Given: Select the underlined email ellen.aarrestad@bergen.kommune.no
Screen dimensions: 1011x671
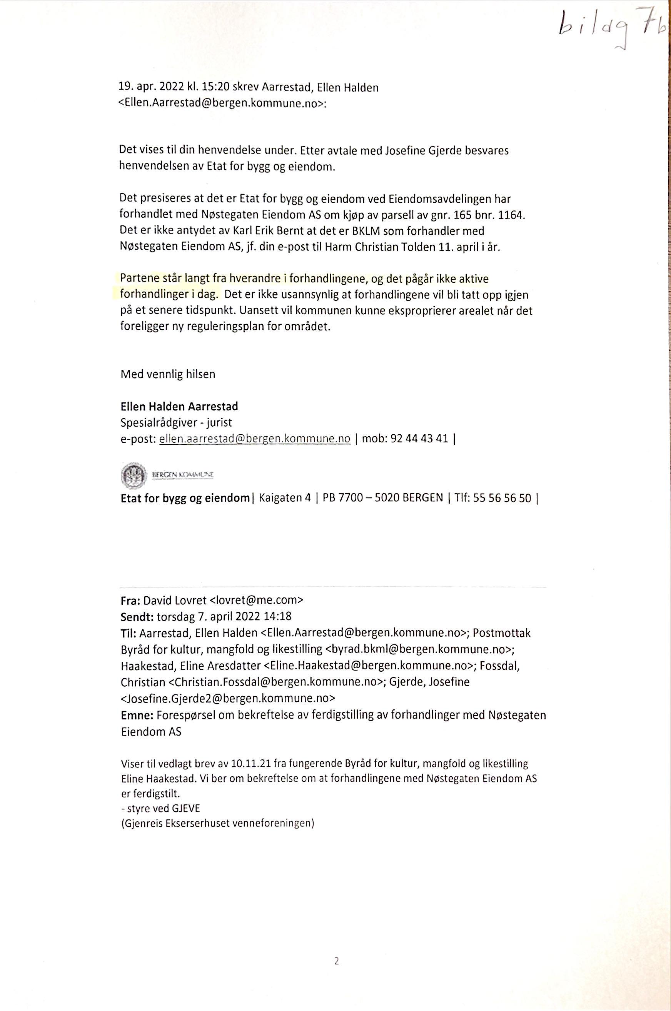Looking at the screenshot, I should click(x=255, y=439).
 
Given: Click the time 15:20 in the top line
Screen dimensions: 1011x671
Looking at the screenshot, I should click(x=217, y=87).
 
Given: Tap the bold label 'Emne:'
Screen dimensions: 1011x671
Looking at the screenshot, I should click(x=138, y=715).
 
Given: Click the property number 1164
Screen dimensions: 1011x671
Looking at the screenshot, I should click(x=511, y=215).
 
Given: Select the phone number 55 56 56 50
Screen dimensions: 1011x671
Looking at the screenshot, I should click(x=502, y=498).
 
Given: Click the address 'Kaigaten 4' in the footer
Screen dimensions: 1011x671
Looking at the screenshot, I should click(x=285, y=498).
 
